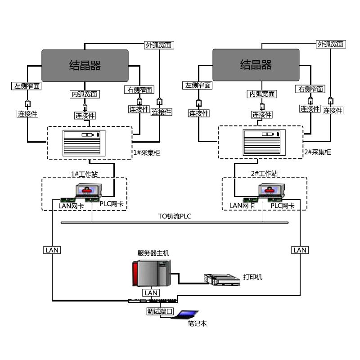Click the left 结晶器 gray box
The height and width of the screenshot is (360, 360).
(85, 65)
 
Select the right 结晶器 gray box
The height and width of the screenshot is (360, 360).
(256, 65)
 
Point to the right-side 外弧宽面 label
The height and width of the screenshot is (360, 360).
(330, 44)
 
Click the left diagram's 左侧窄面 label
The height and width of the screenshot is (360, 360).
(27, 85)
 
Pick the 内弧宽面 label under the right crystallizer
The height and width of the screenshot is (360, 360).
(262, 94)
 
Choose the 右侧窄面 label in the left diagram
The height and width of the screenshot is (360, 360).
(140, 90)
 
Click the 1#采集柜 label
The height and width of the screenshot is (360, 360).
(146, 153)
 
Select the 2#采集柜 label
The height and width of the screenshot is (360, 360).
(317, 153)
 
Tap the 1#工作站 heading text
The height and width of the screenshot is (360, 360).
(84, 174)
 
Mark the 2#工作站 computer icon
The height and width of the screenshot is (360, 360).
(270, 191)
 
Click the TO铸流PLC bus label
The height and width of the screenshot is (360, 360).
(175, 216)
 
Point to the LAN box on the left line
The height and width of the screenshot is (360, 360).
(52, 250)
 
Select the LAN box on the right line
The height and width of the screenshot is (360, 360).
(300, 250)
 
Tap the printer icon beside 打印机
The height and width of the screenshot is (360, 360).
(221, 279)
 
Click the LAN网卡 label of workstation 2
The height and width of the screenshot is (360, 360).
(242, 206)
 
